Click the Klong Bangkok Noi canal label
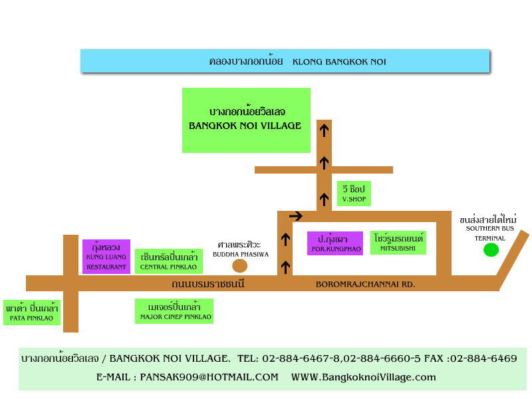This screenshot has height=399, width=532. [x=297, y=61]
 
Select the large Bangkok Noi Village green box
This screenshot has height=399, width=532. [x=246, y=120]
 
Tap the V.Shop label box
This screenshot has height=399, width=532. [x=354, y=194]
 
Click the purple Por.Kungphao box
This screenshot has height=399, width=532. [x=335, y=243]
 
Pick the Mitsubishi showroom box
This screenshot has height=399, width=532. [x=398, y=243]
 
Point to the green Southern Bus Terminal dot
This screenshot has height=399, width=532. [x=491, y=250]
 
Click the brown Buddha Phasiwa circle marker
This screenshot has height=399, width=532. [x=240, y=266]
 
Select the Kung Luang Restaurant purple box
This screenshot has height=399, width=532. [x=106, y=257]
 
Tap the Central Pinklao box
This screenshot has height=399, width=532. [x=169, y=261]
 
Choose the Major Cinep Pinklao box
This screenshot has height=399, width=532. [x=174, y=311]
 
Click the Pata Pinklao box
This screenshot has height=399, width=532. [x=32, y=313]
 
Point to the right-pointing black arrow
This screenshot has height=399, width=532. [x=296, y=215]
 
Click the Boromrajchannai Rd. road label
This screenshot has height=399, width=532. [x=365, y=285]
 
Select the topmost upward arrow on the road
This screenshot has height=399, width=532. [x=325, y=130]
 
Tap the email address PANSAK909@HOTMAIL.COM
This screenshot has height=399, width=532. [x=209, y=377]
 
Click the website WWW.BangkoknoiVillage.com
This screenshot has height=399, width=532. [x=363, y=377]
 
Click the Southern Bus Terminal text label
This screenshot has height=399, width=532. [x=489, y=228]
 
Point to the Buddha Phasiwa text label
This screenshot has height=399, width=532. [x=241, y=249]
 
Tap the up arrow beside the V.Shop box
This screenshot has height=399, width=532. [x=325, y=199]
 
